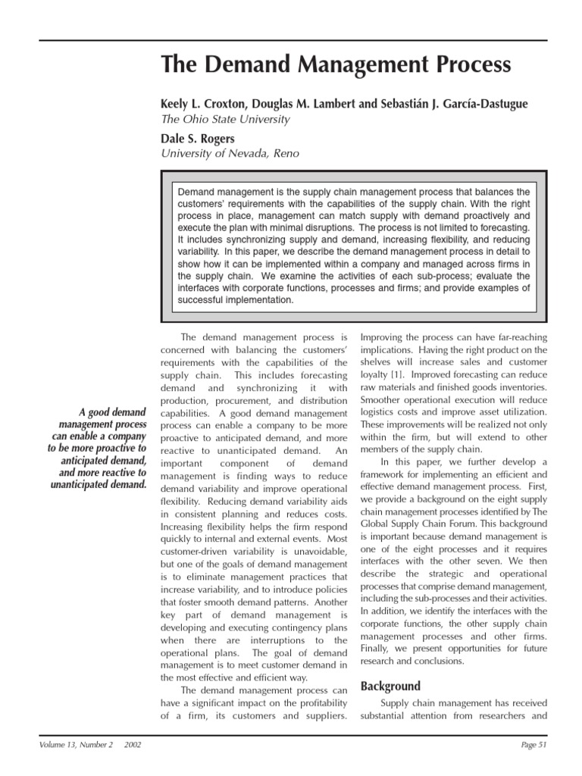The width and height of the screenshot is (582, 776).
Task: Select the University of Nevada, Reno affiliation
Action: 230,154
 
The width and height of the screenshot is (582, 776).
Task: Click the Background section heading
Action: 390,687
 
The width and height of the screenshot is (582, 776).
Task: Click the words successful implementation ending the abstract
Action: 234,299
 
